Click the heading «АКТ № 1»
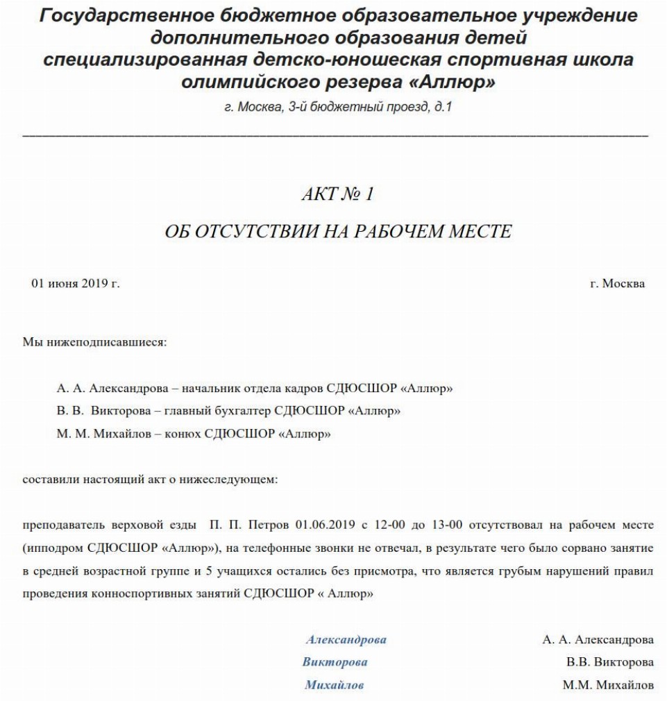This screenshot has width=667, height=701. click(338, 194)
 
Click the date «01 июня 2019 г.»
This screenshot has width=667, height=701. click(76, 284)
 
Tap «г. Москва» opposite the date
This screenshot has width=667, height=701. click(616, 284)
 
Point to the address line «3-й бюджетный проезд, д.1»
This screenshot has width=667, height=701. click(367, 108)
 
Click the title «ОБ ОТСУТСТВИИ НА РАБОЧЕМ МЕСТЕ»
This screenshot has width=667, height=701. click(338, 232)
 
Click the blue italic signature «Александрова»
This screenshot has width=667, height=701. click(346, 640)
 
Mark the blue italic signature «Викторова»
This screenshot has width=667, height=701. click(335, 662)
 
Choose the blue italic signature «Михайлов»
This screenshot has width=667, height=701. click(334, 686)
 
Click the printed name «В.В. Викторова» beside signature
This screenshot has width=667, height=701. click(609, 662)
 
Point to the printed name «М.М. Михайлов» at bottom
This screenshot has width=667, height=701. click(608, 686)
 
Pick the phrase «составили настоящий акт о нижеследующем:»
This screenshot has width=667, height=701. click(150, 480)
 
